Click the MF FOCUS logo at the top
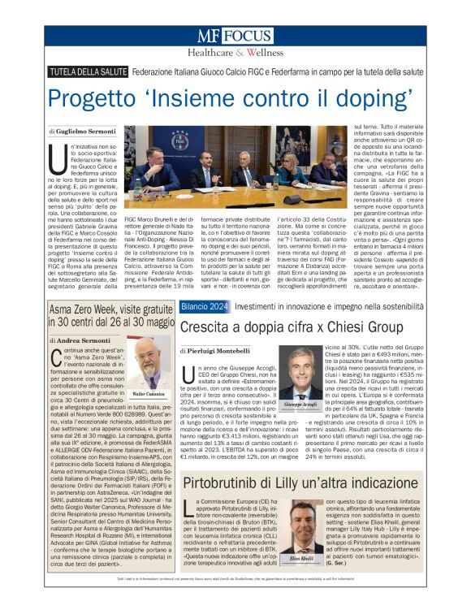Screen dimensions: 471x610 click(x=235, y=37)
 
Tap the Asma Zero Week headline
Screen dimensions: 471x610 click(x=111, y=316)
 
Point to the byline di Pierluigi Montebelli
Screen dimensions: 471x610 click(x=215, y=350)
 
